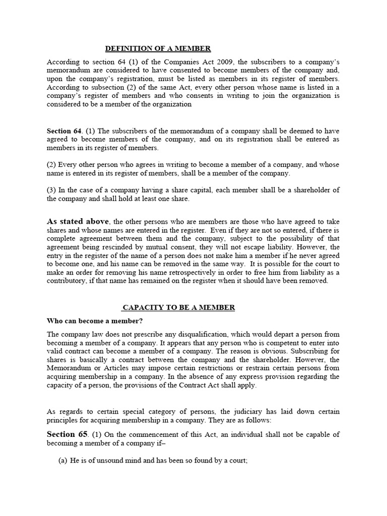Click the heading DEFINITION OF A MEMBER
(158, 48)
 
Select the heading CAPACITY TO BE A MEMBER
(179, 307)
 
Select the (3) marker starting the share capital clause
(52, 189)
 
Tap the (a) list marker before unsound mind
(64, 460)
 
